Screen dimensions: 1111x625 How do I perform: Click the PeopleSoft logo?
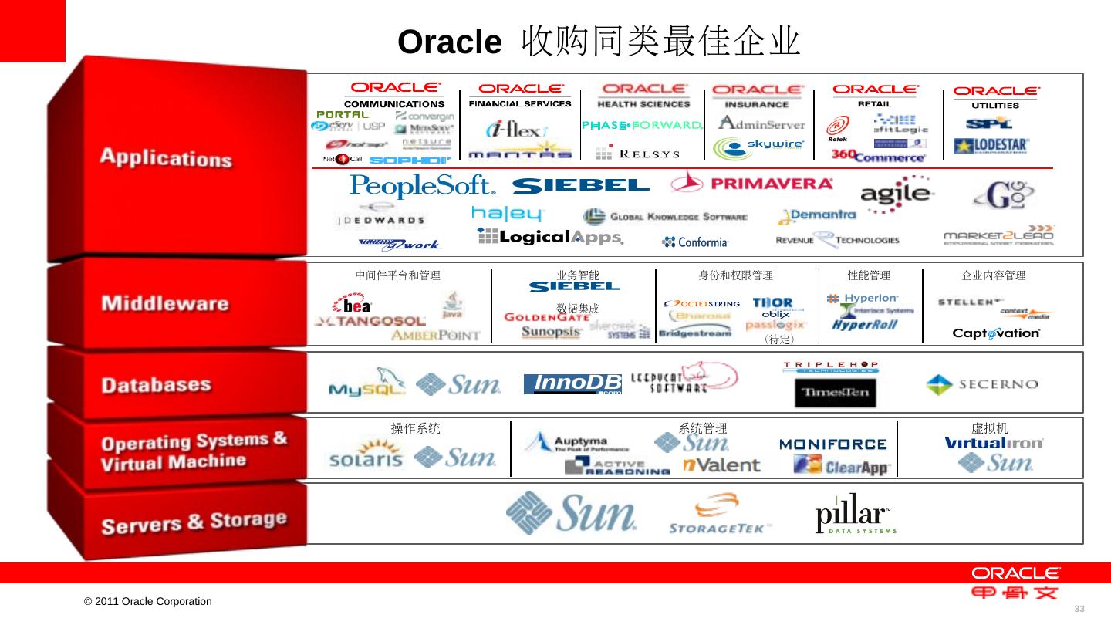coord(422,186)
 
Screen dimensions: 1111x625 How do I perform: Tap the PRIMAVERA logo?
coord(752,183)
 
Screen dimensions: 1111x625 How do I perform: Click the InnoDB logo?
coord(572,384)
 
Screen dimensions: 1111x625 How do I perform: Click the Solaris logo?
coord(366,454)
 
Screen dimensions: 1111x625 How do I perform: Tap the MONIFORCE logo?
coord(832,444)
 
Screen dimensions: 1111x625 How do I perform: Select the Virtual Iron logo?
coord(994,444)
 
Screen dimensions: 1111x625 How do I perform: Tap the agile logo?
coord(897,194)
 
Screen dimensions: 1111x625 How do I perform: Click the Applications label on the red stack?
coord(166,157)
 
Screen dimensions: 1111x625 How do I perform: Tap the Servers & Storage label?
coord(194,522)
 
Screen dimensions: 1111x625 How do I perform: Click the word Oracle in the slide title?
coord(450,42)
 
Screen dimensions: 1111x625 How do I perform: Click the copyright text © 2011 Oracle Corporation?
coord(148,601)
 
